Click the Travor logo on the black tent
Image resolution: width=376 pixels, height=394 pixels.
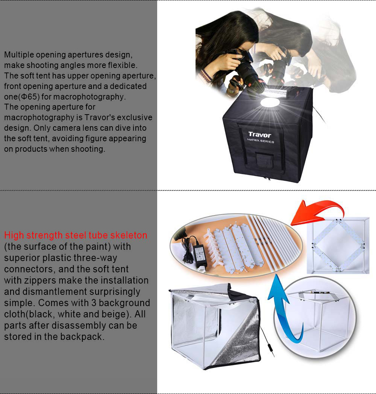259,135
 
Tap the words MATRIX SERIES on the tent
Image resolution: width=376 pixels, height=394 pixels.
261,141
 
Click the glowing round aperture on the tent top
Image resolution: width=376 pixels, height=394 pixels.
270,103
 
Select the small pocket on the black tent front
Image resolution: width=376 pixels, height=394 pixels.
264,160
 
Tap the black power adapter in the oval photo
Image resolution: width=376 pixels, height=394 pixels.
200,254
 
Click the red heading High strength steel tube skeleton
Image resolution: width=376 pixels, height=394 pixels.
76,235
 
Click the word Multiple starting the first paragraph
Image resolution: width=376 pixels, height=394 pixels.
19,54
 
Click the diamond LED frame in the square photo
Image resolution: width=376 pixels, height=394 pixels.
338,245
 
